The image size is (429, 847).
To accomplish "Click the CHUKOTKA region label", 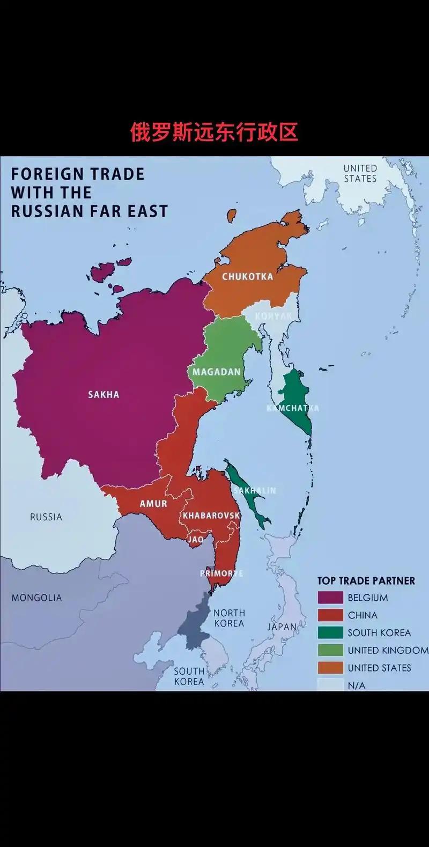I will point(247,277).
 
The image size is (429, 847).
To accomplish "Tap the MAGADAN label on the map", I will point(217,372).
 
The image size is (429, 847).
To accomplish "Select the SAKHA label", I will point(103,395).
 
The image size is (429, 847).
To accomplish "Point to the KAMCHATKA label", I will point(292,408).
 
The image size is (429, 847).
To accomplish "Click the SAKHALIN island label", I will point(255,490).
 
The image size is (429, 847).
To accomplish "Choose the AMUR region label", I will point(153,504).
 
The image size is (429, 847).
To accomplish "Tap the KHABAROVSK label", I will point(211,515).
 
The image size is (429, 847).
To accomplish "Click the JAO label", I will point(196,539).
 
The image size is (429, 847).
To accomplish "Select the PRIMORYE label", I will point(221,573).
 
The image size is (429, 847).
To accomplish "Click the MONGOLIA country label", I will point(37,598).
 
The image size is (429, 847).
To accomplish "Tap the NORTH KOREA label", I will point(229,618).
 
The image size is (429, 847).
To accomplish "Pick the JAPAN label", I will point(282,627).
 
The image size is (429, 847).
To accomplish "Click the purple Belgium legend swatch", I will point(330,598).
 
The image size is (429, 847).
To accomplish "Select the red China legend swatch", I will point(330,615).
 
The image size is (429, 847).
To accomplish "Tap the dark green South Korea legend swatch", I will point(330,633).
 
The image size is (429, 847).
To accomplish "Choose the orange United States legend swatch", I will point(330,668).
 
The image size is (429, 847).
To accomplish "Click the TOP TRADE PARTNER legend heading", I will point(366,581).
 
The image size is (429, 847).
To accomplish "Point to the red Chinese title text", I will point(214,132).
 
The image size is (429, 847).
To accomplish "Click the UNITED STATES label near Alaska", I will point(360,173).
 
